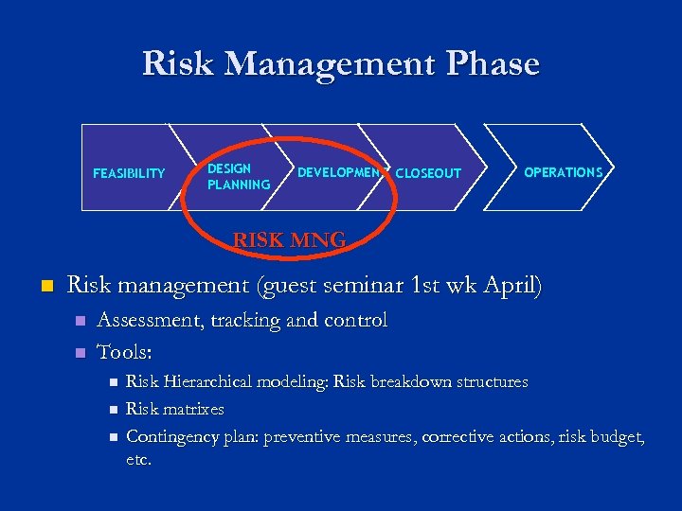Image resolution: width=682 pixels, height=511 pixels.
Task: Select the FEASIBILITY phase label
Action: (x=129, y=173)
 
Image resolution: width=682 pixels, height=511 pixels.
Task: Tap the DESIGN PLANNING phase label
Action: (x=239, y=176)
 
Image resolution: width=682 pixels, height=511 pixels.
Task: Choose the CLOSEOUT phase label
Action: (x=428, y=173)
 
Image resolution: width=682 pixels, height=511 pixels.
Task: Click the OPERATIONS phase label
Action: (x=563, y=172)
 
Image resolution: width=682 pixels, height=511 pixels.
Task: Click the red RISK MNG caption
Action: (x=289, y=240)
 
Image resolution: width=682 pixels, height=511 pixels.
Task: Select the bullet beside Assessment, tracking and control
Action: (x=81, y=322)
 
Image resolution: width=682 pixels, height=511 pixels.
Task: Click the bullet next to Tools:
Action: (x=81, y=353)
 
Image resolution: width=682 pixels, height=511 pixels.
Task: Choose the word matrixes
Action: (x=193, y=410)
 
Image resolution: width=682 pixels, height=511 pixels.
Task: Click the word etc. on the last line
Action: (x=138, y=460)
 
